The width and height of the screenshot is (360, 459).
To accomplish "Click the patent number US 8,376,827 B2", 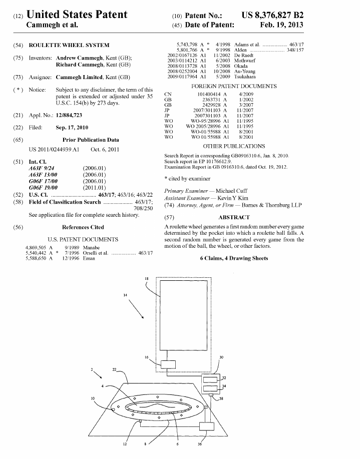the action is click(x=272, y=15).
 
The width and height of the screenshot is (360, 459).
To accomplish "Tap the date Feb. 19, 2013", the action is click(x=281, y=25).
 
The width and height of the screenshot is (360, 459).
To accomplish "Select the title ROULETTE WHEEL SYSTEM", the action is click(x=69, y=45).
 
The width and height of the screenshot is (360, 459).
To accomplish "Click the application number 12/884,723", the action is click(x=69, y=115).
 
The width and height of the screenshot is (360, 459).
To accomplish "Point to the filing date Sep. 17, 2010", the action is click(x=72, y=127).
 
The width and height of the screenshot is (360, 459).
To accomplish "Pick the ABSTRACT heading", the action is click(x=234, y=217).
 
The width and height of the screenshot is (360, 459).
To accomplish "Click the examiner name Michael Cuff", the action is click(x=231, y=191).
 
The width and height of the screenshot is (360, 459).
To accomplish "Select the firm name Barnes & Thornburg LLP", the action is click(x=271, y=205).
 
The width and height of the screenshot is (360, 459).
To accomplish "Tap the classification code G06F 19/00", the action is click(x=43, y=188).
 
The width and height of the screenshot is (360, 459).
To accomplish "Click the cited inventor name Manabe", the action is click(x=92, y=247).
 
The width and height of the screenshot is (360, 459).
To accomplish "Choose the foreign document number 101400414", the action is click(x=209, y=94).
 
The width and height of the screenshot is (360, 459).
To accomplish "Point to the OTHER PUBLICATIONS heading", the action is click(x=234, y=146).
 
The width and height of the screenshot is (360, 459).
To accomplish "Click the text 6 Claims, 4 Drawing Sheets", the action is click(x=234, y=258).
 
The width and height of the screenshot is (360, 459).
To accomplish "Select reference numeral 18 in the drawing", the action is click(x=147, y=279).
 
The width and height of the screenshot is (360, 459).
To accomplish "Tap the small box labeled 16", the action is click(x=168, y=364).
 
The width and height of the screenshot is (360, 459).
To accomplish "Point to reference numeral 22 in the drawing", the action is click(x=115, y=369).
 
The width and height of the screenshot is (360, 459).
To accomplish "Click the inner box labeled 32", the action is click(x=210, y=380).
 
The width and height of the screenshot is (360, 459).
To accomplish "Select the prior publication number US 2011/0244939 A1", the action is click(x=54, y=149).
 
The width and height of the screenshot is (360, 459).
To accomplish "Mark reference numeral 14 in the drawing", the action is click(x=125, y=295).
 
